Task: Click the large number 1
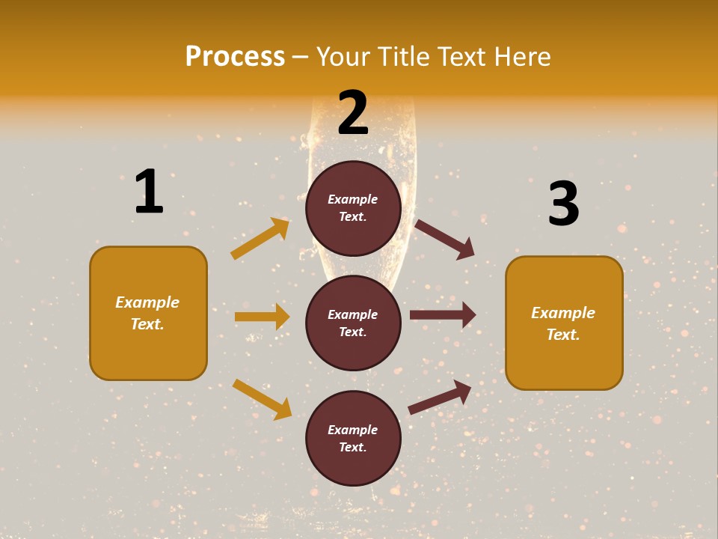[x=149, y=192]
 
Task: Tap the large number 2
[x=353, y=113]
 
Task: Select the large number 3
[x=563, y=204]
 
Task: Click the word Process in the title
[x=235, y=56]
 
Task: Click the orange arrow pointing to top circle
[x=260, y=239]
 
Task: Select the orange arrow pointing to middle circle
[x=262, y=317]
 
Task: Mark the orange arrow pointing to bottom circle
[x=262, y=399]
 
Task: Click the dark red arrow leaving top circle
[x=444, y=239]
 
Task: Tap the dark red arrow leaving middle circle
[x=443, y=315]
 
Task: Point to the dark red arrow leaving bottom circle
[x=440, y=398]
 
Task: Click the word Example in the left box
[x=147, y=302]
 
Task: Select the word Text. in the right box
[x=563, y=335]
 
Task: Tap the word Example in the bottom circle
[x=353, y=430]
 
